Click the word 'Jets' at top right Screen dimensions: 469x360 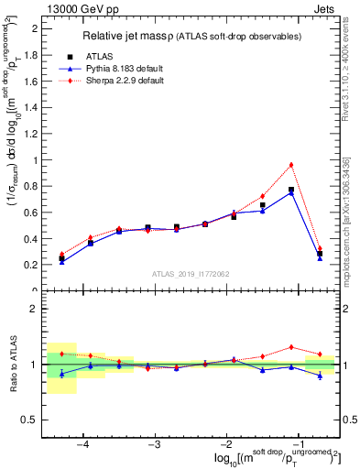[325, 6]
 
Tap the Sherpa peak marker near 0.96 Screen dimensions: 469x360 [291, 165]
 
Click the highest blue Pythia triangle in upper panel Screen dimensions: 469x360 [291, 192]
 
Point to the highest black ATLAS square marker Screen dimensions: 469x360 [291, 190]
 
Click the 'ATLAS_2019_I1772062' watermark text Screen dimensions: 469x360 [191, 273]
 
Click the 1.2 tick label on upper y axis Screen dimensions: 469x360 [30, 134]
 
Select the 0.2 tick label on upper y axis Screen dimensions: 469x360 [30, 265]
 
